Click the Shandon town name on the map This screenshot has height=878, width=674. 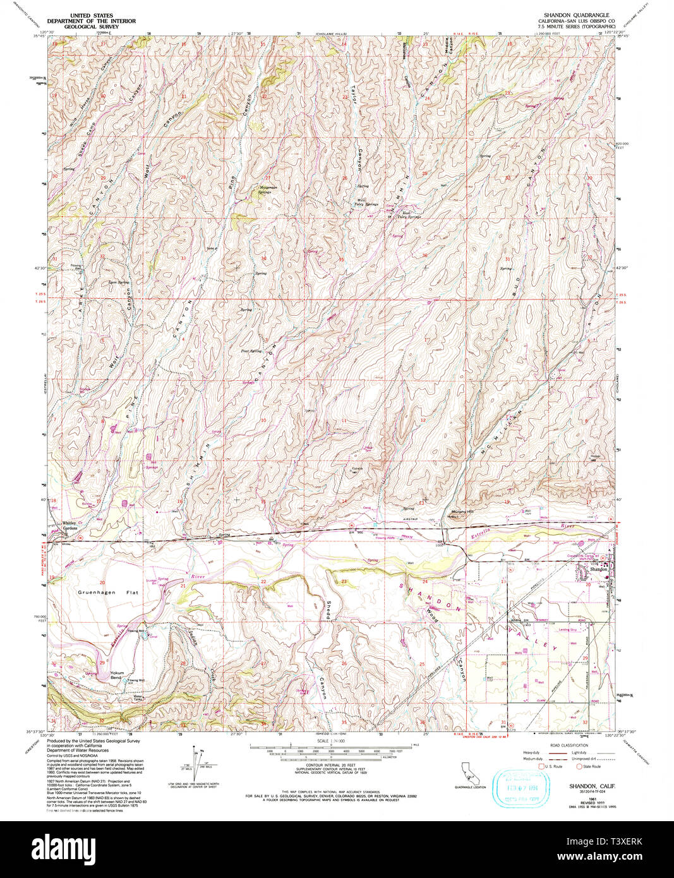[598, 569]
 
